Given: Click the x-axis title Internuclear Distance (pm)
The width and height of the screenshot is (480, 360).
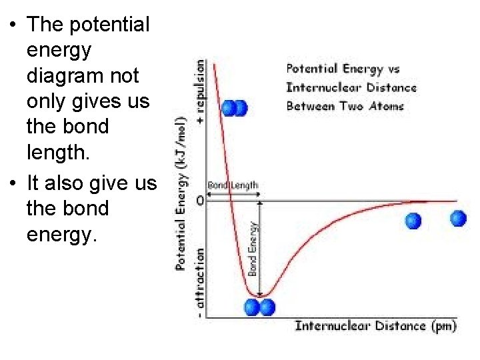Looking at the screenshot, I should pos(375,326).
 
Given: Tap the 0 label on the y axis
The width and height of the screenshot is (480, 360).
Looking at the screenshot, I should pos(200,200).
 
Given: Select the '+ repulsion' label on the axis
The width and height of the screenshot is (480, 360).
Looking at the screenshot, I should pos(200,91).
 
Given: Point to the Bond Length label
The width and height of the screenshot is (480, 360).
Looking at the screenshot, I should pos(233,185).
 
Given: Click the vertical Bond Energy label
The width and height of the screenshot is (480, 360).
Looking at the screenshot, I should pos(253,249).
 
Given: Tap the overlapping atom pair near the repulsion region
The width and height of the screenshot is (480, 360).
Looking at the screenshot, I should pos(234,108).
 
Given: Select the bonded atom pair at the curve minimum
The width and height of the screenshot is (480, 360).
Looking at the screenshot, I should pos(259,307).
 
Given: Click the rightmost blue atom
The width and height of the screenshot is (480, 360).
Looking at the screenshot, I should pos(458,218).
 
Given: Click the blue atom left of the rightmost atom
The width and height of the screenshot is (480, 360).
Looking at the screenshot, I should pos(413,221).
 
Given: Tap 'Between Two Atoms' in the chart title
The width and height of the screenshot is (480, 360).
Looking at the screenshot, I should pos(345,106).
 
